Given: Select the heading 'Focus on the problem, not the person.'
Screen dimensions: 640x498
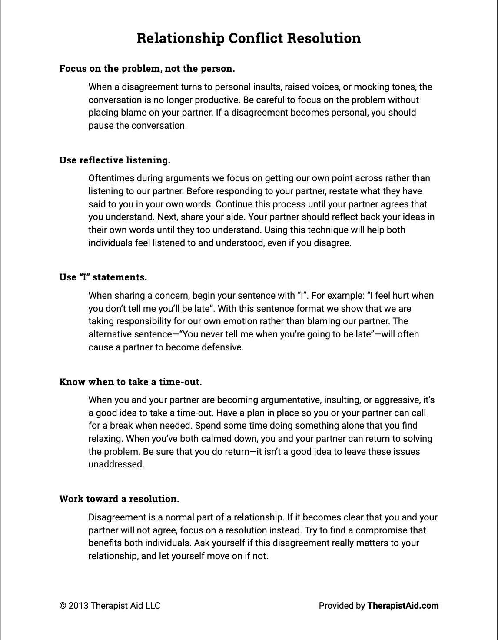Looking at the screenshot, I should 147,69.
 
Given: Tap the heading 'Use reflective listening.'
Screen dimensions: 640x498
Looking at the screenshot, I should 115,160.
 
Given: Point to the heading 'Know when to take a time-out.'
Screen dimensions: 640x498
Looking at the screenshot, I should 130,382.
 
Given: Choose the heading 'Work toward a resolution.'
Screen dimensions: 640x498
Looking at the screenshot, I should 119,499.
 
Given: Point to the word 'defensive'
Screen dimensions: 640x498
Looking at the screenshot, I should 222,347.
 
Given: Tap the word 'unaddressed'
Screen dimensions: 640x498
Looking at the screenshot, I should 116,464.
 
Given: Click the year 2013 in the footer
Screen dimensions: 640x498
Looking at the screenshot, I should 78,606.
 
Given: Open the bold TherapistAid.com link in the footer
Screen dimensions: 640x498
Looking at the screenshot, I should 403,606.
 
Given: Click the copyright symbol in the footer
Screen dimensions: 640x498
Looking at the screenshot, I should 63,606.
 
